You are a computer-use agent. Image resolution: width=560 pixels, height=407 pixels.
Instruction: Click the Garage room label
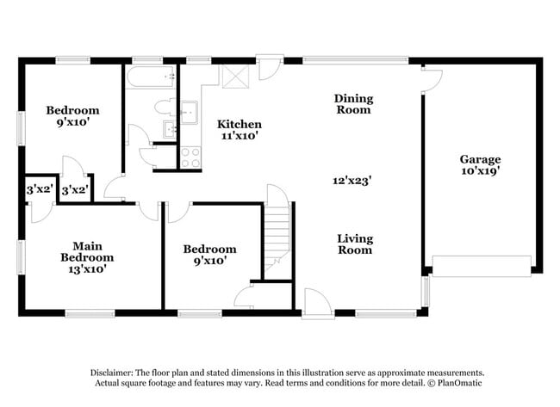(x=480, y=159)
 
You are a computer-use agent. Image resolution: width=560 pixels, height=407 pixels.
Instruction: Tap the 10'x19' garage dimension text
(x=480, y=171)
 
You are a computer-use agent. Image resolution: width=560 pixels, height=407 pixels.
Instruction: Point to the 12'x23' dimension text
(x=353, y=181)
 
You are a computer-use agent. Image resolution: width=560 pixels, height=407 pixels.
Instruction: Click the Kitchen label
(x=239, y=124)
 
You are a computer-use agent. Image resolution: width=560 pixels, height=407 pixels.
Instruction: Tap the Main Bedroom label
(x=87, y=251)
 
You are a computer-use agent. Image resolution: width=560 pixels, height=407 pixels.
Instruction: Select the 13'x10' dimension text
(x=87, y=269)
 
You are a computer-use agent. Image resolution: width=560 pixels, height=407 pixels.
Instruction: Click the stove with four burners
(x=190, y=157)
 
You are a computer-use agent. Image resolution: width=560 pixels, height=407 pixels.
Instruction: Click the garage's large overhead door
(x=481, y=266)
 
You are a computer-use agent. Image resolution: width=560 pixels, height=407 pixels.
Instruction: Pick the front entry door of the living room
(x=314, y=303)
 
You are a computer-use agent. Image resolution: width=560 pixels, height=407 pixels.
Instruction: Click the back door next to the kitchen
(x=270, y=67)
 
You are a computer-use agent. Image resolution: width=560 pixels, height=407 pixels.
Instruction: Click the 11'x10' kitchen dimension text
(x=239, y=136)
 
